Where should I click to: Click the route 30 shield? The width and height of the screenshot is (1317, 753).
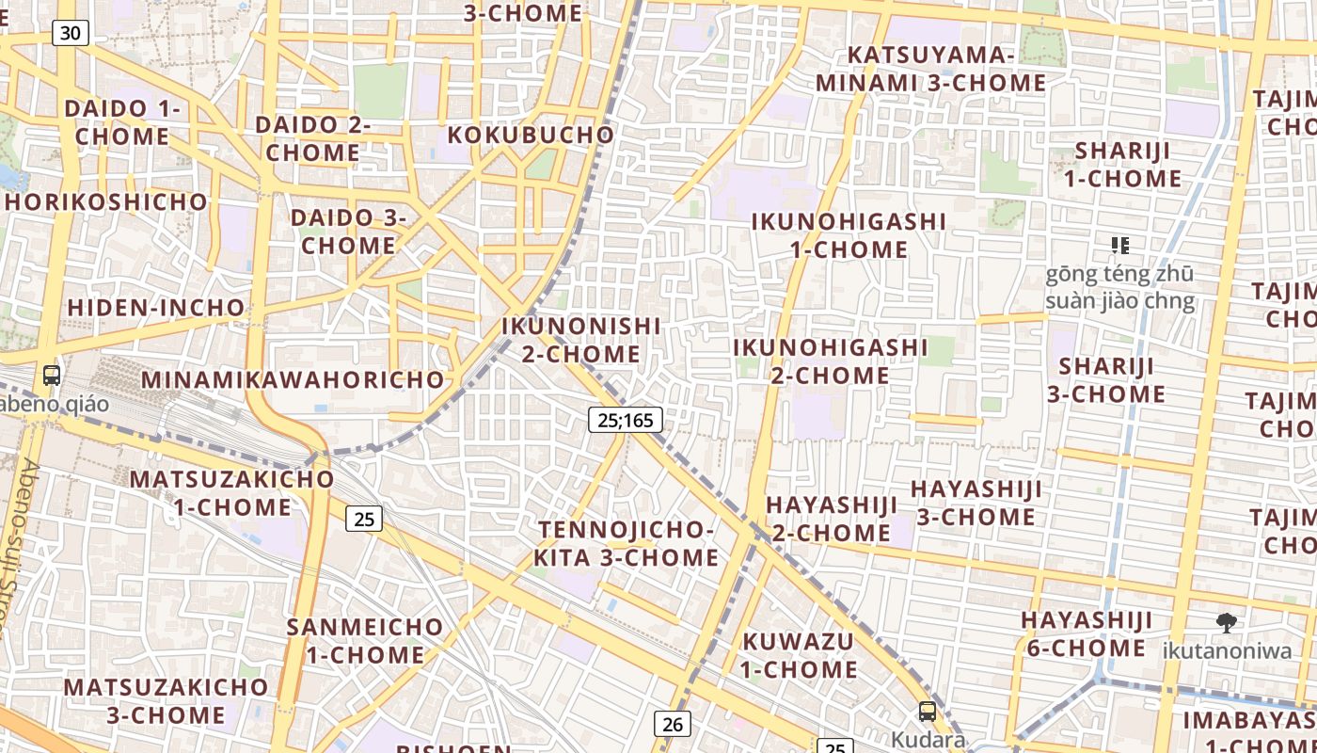70,33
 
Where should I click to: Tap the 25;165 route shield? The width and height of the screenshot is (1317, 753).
626,419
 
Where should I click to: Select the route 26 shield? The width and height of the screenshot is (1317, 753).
673,723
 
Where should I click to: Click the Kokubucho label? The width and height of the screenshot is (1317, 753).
531,135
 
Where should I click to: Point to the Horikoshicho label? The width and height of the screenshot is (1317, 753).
106,201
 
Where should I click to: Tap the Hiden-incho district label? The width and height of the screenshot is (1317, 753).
156,308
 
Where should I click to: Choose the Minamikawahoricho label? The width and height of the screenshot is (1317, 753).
293,379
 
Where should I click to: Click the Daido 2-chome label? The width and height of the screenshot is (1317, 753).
313,138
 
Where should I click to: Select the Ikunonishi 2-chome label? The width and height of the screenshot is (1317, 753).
581,340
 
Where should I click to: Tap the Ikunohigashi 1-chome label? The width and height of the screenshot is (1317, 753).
849,235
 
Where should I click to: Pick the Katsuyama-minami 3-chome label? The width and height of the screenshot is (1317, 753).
930,69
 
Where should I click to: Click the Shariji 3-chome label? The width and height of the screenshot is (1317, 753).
1106,380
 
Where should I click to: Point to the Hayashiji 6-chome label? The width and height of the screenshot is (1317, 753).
1087,634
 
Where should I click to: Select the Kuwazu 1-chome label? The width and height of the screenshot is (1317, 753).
799,655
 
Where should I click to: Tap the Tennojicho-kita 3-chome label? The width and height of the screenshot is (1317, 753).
626,543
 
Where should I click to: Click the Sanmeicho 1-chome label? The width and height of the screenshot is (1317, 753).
365,640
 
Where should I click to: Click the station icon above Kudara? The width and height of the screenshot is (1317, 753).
928,712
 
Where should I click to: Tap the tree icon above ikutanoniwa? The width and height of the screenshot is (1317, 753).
1226,622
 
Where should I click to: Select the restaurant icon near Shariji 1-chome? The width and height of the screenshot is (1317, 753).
1119,246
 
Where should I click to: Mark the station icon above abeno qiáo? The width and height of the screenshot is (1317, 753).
52,376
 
